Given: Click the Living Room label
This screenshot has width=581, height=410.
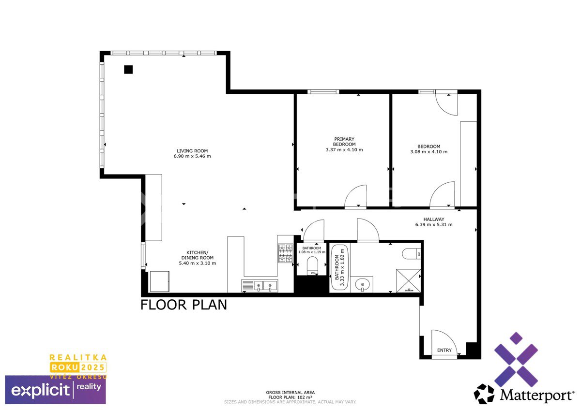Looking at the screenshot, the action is [x=192, y=151].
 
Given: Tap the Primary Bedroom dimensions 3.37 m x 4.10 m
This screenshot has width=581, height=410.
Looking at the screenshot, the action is [x=344, y=150].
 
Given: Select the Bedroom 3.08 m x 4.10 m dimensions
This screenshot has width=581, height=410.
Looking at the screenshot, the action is [x=429, y=152].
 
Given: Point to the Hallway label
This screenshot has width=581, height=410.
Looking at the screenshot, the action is [x=434, y=219].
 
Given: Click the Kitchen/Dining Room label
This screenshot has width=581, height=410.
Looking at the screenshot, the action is [x=198, y=255].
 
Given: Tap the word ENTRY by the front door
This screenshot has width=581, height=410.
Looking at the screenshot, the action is [x=444, y=350].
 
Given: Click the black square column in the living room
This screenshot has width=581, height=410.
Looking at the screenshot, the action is [x=128, y=70].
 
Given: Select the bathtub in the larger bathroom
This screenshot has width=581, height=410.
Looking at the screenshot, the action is [x=339, y=268].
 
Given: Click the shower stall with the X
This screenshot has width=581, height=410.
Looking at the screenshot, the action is [x=408, y=281].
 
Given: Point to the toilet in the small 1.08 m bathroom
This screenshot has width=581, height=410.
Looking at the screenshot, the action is [x=312, y=265].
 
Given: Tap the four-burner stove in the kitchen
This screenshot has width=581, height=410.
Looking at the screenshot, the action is [x=285, y=253].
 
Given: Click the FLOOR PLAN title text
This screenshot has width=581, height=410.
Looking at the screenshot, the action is [x=183, y=305].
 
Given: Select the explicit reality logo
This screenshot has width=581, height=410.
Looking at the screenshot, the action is [x=56, y=390].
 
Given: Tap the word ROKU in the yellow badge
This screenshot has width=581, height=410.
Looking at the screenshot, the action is [x=64, y=367].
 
